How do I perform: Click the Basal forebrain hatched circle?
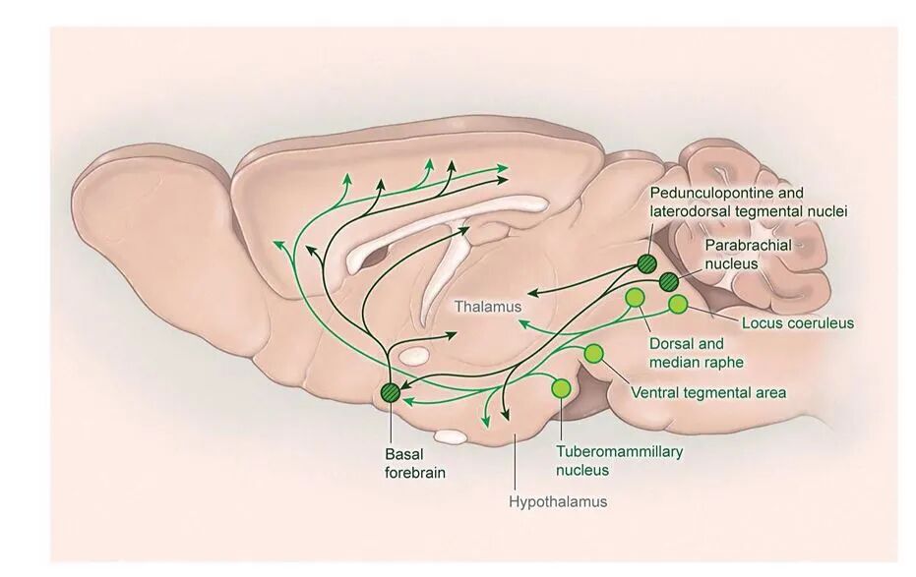coord(391,393)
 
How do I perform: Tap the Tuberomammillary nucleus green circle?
coord(561,388)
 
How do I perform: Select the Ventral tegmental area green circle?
coord(593,354)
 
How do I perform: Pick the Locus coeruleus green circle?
coord(678,305)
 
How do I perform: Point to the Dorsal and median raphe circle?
coord(635,297)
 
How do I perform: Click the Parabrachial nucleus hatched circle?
coord(669,281)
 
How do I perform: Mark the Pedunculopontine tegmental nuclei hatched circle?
coord(646,262)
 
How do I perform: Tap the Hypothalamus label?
coord(558,502)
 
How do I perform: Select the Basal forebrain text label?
coord(415,463)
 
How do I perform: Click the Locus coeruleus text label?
coord(798,322)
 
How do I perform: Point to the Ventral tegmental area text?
coord(707,393)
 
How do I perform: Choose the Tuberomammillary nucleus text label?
coord(619,461)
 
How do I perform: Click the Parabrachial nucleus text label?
coord(745,253)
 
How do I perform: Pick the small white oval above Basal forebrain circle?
coord(414,353)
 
